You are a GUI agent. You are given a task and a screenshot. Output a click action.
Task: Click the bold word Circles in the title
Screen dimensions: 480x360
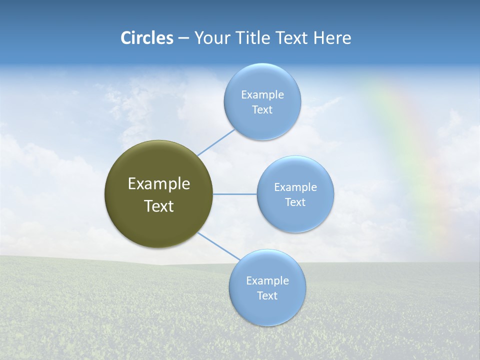tap(146, 38)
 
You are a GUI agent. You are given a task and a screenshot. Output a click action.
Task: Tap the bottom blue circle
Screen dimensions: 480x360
tap(267, 310)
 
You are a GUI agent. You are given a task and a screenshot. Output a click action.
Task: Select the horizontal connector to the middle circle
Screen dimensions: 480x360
tap(235, 194)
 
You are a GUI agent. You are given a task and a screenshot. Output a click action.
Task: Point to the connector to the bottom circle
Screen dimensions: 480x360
tap(219, 246)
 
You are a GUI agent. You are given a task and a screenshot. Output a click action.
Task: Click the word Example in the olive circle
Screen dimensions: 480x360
tap(159, 184)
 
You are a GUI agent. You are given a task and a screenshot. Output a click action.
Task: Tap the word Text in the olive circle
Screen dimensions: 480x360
tap(159, 206)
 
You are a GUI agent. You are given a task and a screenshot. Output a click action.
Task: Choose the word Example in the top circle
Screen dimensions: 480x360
tap(262, 94)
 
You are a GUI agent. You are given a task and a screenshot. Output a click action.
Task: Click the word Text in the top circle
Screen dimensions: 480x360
tap(262, 110)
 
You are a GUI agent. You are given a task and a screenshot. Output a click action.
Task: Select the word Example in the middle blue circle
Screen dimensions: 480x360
tap(295, 187)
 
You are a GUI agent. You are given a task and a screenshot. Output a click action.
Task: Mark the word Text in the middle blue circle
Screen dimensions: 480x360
tap(295, 202)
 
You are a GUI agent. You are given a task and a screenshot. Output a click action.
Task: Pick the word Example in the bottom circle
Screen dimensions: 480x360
tap(267, 280)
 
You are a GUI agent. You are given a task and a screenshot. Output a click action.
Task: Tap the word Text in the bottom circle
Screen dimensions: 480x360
tap(267, 295)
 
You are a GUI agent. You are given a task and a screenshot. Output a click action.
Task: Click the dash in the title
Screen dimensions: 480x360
tap(183, 38)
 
